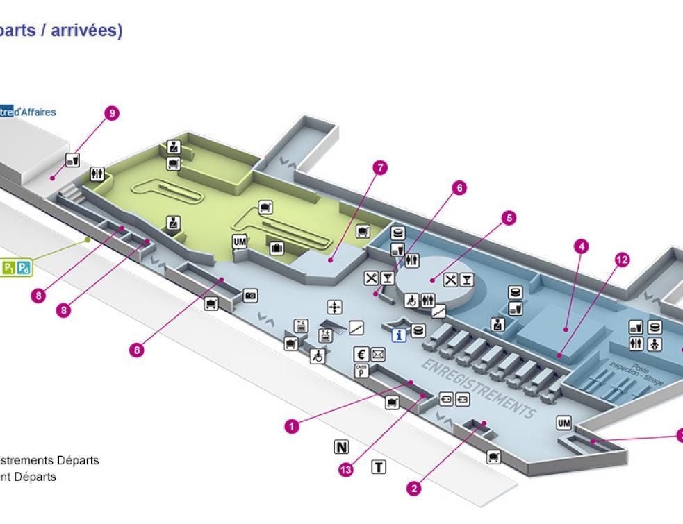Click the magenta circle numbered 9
[x=110, y=114]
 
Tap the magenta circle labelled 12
[x=622, y=260]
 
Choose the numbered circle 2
[x=414, y=489]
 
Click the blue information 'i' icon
[x=400, y=335]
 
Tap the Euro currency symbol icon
[x=361, y=353]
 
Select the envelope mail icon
[x=377, y=354]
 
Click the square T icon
[x=379, y=466]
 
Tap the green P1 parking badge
[x=10, y=267]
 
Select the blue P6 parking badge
[x=24, y=267]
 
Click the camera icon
[x=250, y=296]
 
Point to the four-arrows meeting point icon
[x=335, y=307]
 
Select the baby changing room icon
[x=655, y=344]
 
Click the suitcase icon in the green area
[x=276, y=247]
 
